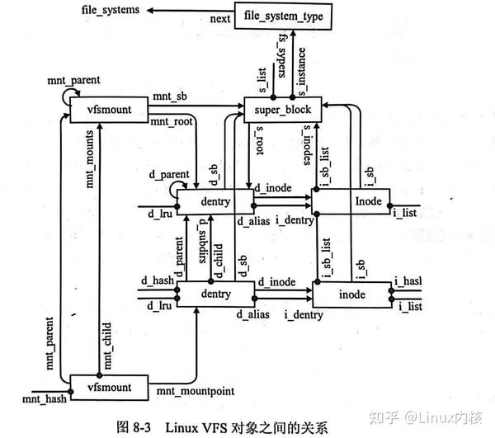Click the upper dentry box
pyautogui.click(x=216, y=200)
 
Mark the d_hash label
pyautogui.click(x=159, y=282)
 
